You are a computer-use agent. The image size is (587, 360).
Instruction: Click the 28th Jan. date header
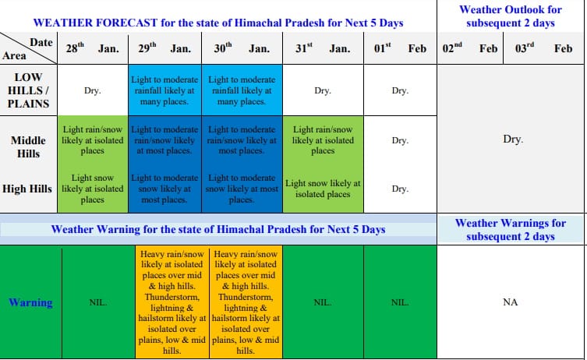coord(93,48)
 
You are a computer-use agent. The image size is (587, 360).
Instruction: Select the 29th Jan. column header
coord(164,48)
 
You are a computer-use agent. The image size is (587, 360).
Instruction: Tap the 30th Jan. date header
coord(242,48)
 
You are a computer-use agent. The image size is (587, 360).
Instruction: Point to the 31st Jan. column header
coord(323,48)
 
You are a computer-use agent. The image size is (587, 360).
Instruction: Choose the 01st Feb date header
coord(400,48)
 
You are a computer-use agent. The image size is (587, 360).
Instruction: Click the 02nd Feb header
coord(470,48)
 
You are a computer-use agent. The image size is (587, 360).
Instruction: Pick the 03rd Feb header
coord(543,48)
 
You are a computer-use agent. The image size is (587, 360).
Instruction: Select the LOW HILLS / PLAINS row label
coord(28,90)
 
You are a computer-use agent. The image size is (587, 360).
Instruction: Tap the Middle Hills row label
coord(28,146)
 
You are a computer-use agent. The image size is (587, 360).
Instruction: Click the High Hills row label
coord(27,189)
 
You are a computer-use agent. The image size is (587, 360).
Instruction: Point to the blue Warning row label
coord(30,302)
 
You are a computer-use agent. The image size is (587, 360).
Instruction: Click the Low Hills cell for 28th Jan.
coord(93,90)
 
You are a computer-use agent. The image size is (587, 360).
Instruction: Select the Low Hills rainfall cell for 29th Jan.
coord(164,90)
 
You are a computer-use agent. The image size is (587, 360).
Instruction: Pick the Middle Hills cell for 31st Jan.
coord(323,140)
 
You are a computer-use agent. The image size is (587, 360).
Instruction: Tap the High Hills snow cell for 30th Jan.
coord(242,189)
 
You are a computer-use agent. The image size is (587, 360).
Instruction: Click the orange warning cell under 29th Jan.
coord(172,302)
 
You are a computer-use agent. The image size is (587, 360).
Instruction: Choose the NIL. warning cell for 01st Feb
coord(400,302)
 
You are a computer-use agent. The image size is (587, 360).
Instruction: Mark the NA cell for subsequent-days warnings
coord(511,302)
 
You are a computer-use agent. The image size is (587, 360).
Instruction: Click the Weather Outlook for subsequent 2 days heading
coord(511,16)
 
